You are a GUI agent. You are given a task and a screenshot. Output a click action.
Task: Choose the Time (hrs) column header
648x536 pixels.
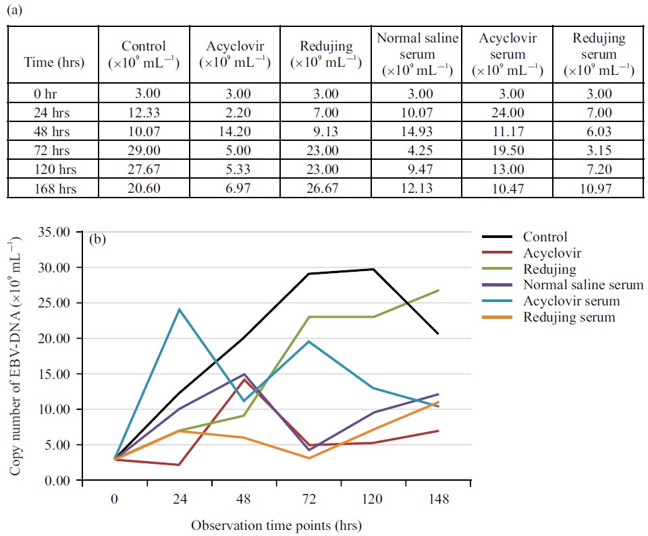pyautogui.click(x=55, y=63)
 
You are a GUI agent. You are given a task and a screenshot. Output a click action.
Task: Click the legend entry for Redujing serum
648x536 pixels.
pyautogui.click(x=568, y=316)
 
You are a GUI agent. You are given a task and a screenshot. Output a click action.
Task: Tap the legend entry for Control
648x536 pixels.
pyautogui.click(x=545, y=237)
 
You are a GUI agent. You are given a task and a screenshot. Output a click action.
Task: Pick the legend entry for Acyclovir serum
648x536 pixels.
pyautogui.click(x=571, y=301)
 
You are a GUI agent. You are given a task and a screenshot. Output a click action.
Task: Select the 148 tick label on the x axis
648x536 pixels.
pyautogui.click(x=439, y=502)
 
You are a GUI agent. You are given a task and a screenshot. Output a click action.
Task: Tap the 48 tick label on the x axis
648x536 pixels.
pyautogui.click(x=244, y=502)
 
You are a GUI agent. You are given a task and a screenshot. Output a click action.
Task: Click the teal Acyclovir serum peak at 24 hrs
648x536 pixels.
pyautogui.click(x=180, y=309)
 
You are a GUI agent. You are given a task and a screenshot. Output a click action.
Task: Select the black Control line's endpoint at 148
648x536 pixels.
pyautogui.click(x=439, y=334)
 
